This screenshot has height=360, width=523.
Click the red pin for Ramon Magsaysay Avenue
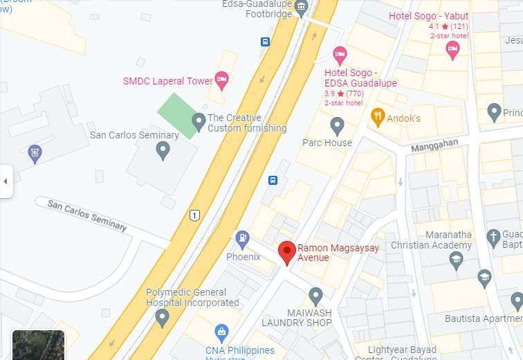287,252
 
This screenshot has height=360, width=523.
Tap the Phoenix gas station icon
242,240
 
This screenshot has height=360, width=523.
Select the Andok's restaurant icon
377,116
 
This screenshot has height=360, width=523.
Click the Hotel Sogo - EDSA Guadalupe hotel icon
340,55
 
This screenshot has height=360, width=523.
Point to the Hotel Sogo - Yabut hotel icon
452,48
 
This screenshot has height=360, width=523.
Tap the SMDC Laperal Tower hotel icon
221,80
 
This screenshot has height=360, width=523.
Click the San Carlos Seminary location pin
163,150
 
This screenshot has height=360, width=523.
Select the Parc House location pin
337,126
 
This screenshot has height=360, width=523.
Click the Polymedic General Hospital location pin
163,318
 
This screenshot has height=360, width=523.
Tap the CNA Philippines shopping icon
221,333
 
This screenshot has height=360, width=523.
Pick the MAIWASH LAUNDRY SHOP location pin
315,296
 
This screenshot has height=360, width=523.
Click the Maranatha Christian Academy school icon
455,260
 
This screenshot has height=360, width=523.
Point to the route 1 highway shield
194,215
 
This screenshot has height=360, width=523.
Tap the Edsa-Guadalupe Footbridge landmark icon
300,8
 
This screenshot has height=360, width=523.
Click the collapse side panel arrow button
6,181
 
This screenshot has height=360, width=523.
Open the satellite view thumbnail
38,345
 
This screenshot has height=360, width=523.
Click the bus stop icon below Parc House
273,181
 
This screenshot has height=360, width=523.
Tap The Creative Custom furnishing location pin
199,122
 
